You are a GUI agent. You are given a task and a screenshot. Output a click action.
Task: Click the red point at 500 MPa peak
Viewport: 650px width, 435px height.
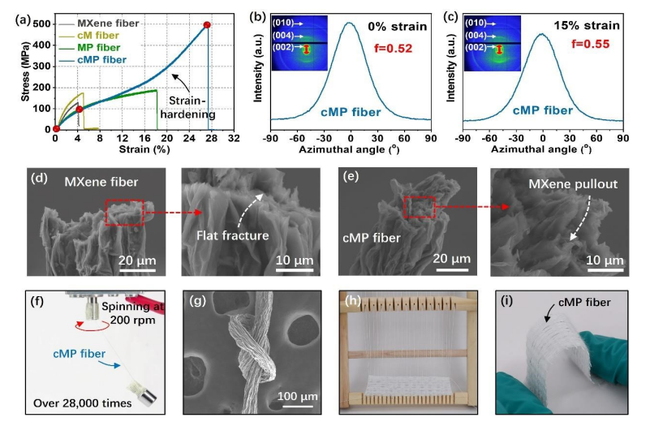pos(207,25)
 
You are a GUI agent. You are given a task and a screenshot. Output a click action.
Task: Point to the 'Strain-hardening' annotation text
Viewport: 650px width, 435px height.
pos(191,108)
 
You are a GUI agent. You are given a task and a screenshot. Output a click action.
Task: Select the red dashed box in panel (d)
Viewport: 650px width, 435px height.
pos(125,212)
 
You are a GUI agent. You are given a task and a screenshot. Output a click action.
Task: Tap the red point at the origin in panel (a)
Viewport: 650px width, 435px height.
pos(55,129)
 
